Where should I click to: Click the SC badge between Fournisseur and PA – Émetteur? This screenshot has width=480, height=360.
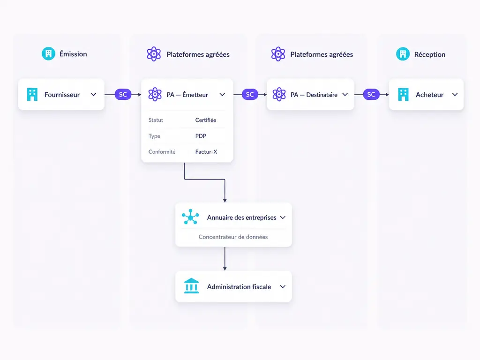[x=123, y=95]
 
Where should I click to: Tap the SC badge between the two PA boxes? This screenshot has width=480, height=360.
[x=250, y=95]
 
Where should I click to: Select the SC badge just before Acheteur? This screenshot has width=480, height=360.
[x=371, y=95]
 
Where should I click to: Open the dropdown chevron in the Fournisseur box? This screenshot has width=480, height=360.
[x=94, y=95]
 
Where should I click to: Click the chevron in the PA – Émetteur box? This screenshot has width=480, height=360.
[x=222, y=95]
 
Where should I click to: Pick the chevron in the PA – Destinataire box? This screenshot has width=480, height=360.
[x=345, y=95]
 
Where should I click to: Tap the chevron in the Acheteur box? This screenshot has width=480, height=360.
[x=455, y=95]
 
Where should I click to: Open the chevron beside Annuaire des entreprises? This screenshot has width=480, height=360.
[x=283, y=217]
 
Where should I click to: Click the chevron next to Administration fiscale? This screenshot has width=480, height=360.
[x=283, y=287]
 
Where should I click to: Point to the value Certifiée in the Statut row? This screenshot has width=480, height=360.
[x=206, y=120]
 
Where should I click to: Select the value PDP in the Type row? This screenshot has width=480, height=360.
[x=201, y=136]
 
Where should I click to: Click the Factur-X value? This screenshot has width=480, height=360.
[x=206, y=152]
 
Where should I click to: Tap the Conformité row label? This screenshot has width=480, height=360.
[x=162, y=152]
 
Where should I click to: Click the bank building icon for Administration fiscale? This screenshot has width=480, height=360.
[x=191, y=285]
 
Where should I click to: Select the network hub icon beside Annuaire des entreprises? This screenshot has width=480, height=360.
[x=190, y=217]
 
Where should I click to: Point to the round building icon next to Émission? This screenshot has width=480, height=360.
[x=48, y=54]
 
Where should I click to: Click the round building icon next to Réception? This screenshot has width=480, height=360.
[x=403, y=54]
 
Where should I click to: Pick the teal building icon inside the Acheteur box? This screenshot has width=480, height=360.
[x=403, y=95]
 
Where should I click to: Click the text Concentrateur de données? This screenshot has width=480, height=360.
[x=233, y=237]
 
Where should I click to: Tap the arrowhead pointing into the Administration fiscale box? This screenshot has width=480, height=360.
[x=225, y=269]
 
